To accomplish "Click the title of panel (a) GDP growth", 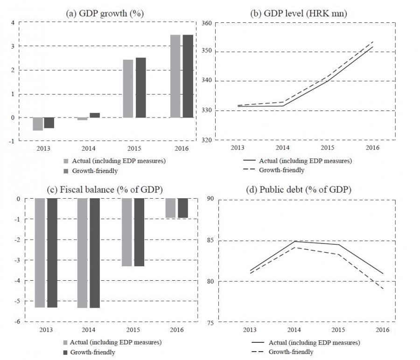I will [104, 14].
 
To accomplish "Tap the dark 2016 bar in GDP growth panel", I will [187, 76].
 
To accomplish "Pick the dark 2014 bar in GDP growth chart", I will [94, 115].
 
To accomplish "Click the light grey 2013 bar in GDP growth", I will [38, 124].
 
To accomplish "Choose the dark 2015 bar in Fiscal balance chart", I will [140, 232].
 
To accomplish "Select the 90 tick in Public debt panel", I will [210, 199].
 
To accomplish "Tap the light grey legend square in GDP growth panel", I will [66, 161].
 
